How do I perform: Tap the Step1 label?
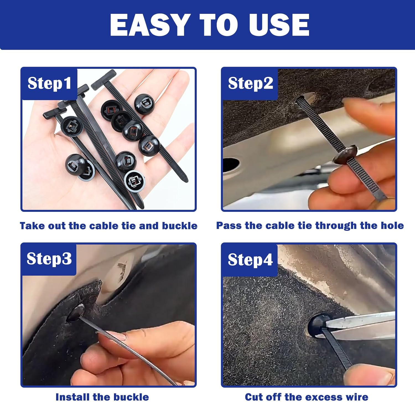(49, 83)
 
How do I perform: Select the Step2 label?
(250, 83)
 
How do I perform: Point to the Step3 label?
(49, 259)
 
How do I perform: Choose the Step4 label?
(250, 260)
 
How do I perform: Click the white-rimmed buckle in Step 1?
(135, 181)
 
